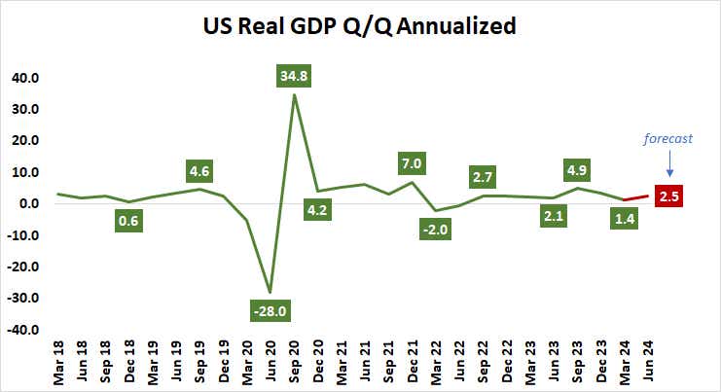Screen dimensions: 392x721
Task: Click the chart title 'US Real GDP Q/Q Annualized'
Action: pyautogui.click(x=360, y=26)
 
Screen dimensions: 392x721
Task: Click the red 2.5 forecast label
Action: pyautogui.click(x=670, y=196)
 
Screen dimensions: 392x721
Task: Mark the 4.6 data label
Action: pyautogui.click(x=199, y=172)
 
